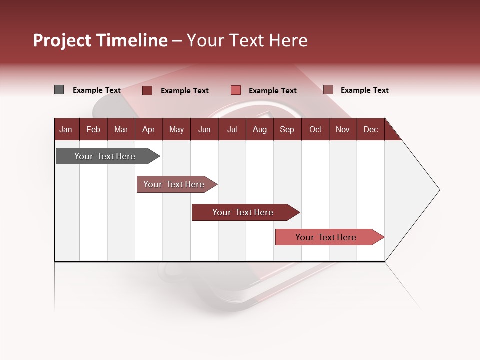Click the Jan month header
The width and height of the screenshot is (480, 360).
click(x=66, y=129)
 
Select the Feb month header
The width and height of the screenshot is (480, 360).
click(x=93, y=129)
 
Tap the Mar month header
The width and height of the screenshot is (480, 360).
click(x=121, y=129)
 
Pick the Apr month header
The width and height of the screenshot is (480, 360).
click(x=148, y=129)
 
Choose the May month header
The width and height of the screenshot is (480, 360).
click(x=176, y=129)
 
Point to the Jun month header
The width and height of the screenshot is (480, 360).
click(x=204, y=129)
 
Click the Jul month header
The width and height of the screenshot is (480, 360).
click(x=232, y=129)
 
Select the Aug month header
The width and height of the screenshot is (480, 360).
click(x=259, y=129)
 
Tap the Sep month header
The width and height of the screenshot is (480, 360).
click(x=287, y=129)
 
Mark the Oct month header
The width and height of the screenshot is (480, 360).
click(x=315, y=129)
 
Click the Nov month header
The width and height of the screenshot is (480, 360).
click(x=343, y=129)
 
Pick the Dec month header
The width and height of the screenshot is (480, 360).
click(x=370, y=129)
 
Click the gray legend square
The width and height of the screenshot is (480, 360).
click(x=59, y=90)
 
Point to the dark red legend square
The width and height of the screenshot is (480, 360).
click(x=147, y=90)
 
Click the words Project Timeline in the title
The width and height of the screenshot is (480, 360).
click(x=100, y=40)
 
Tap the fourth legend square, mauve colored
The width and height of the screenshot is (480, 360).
click(x=328, y=90)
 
